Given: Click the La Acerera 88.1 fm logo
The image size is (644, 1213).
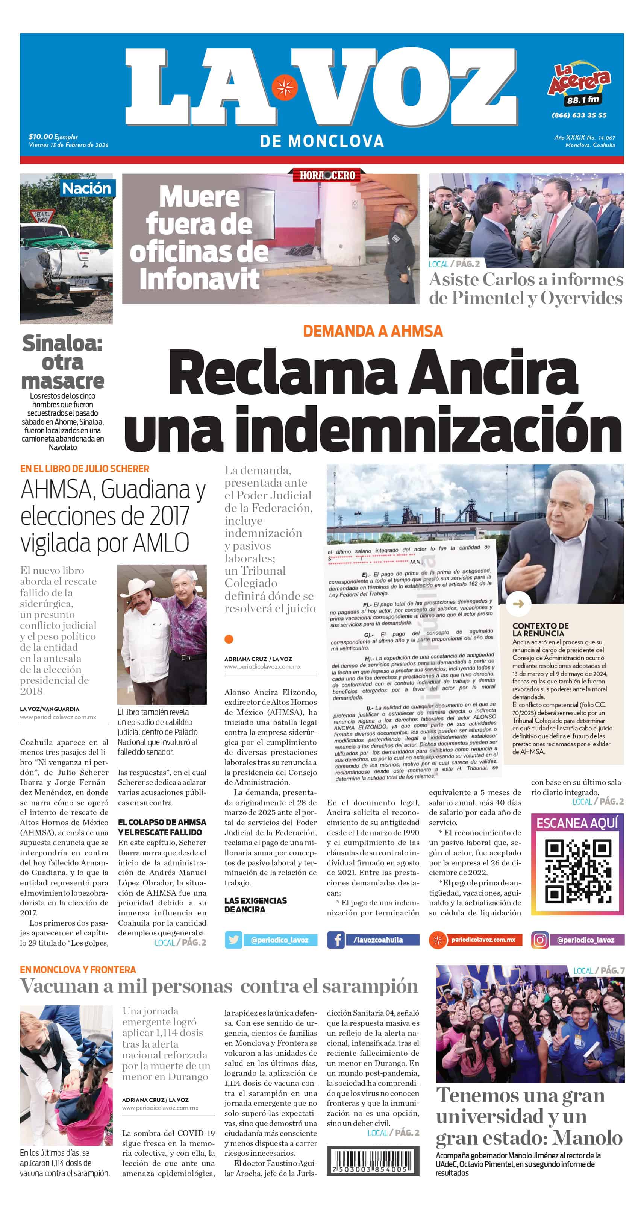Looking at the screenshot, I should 579,85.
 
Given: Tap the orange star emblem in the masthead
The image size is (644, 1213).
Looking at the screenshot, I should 284,88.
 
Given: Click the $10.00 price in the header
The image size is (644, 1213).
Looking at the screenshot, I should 41,137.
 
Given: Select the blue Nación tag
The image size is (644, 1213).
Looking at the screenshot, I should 86,188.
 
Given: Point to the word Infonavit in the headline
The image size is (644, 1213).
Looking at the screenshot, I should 199,279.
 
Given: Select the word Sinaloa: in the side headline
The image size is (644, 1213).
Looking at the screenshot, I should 63,343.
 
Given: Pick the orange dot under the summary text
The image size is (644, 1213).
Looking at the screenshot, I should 229,639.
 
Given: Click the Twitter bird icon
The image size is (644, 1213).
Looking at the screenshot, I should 233,940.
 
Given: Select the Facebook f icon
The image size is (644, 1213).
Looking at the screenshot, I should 336,940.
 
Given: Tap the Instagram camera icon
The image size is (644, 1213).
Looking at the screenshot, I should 540,940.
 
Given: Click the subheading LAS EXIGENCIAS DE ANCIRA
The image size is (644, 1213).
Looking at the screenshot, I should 256,905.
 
